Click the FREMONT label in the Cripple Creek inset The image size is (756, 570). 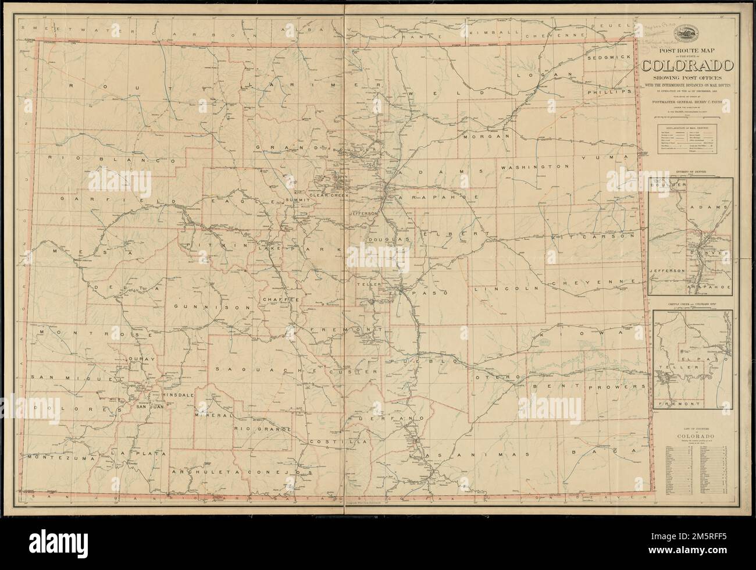pyautogui.click(x=676, y=403)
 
